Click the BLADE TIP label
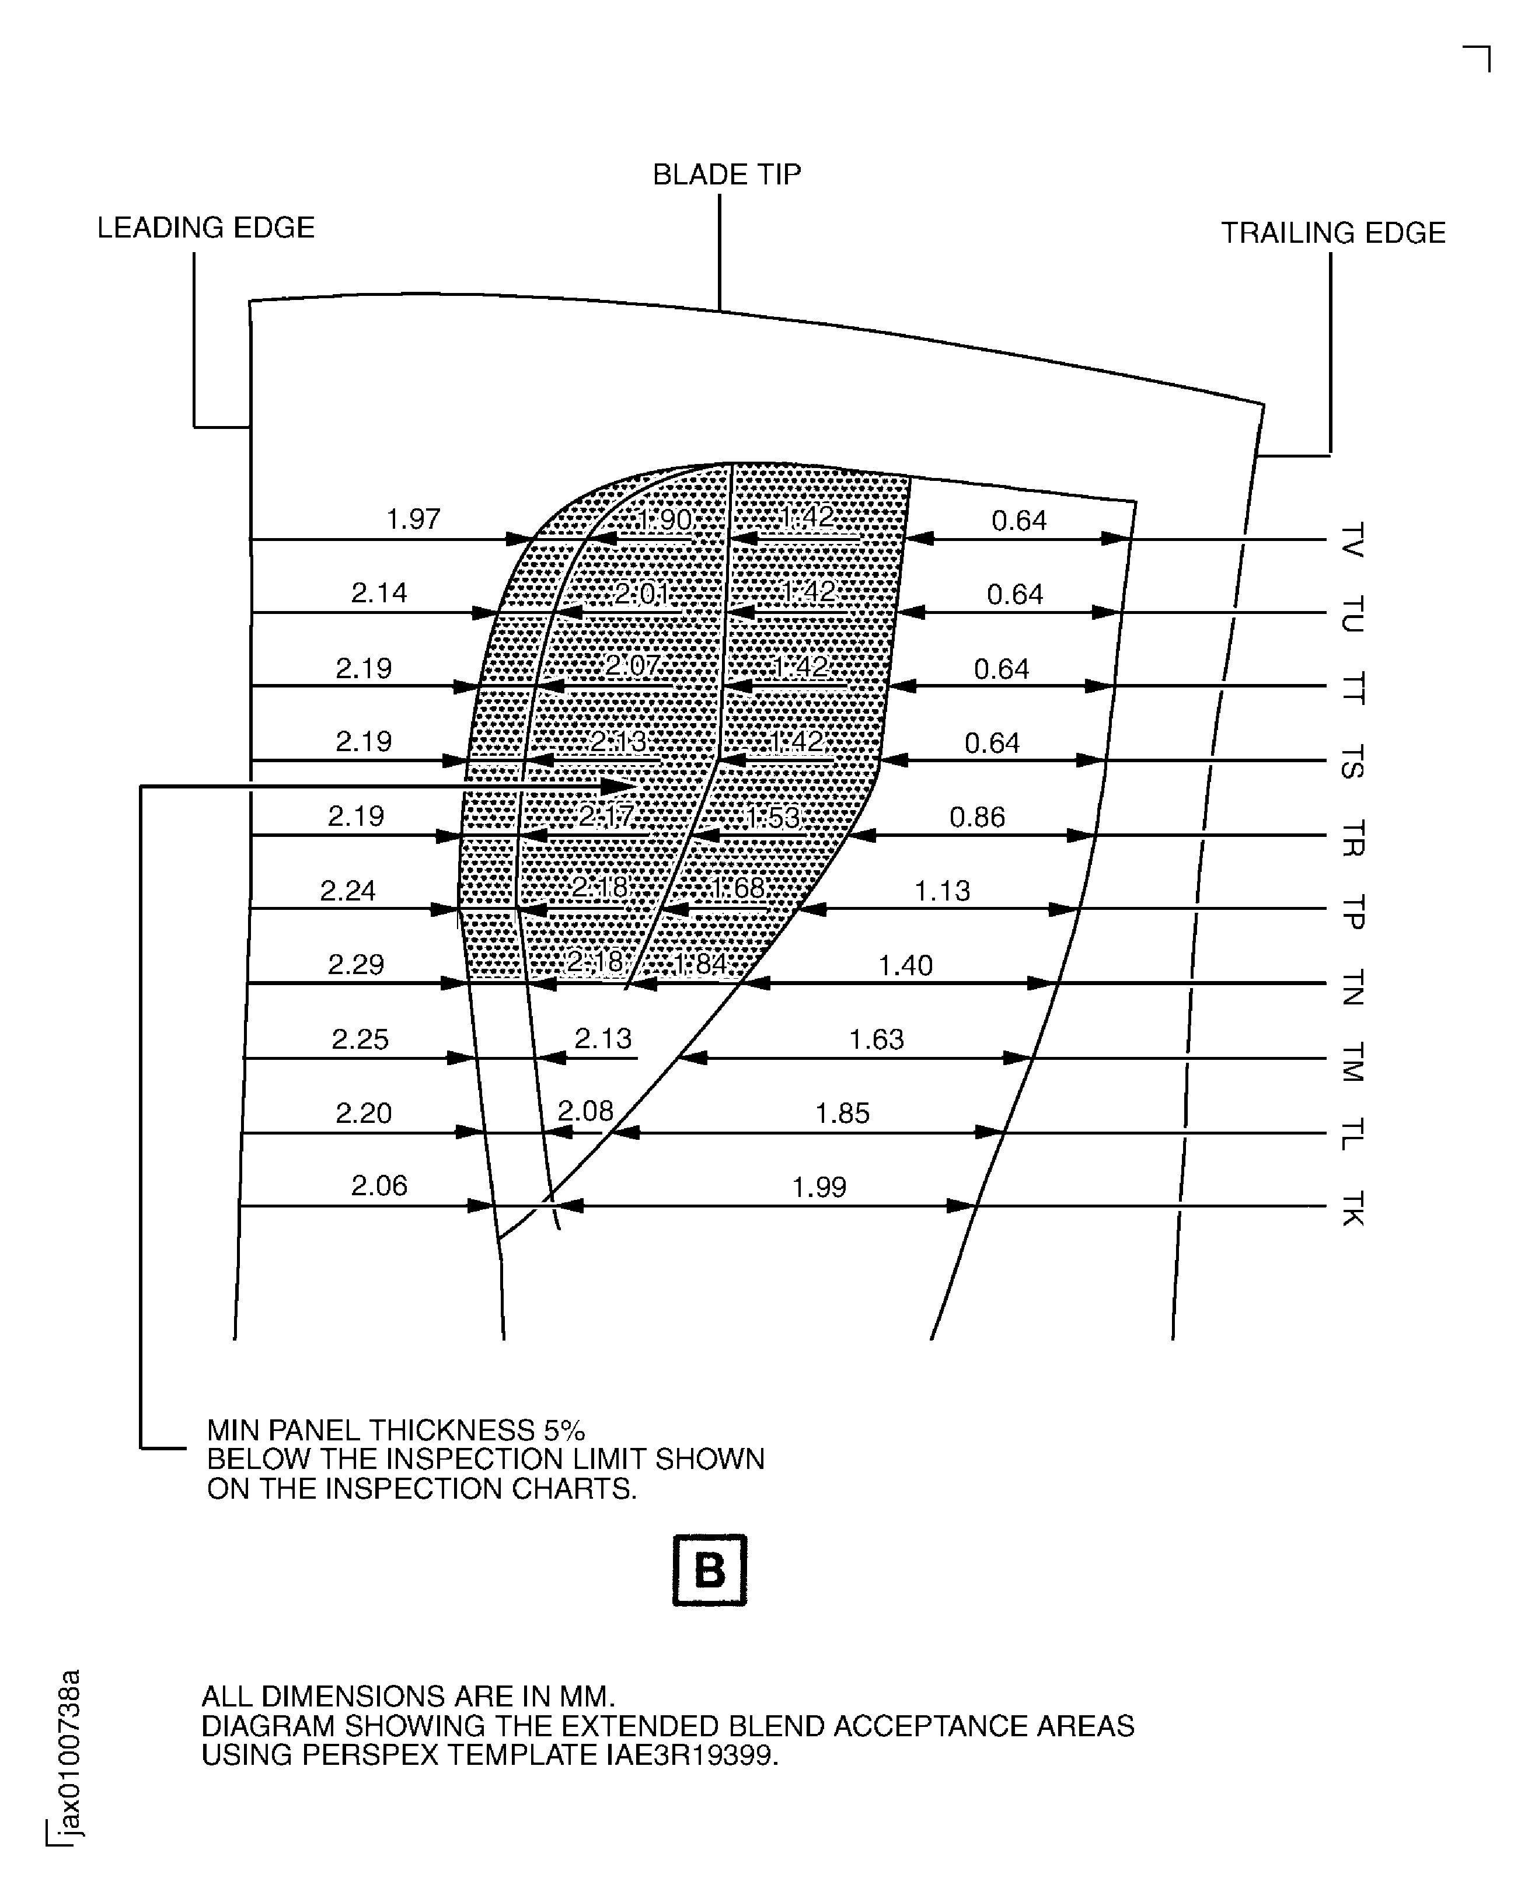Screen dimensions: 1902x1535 (727, 174)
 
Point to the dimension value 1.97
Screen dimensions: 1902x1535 (413, 519)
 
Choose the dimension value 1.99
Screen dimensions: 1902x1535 (819, 1186)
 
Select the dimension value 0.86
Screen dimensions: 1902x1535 (977, 817)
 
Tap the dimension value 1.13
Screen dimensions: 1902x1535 (941, 891)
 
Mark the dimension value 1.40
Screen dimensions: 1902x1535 (905, 965)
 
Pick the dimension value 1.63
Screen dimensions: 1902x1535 (876, 1039)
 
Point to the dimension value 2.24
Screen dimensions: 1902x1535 (347, 891)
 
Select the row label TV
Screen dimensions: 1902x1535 (1352, 540)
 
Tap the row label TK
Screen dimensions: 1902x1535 (1352, 1208)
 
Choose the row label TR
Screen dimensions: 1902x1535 (1352, 838)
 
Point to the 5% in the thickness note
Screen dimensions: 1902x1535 (564, 1430)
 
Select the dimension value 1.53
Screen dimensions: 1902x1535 (773, 817)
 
